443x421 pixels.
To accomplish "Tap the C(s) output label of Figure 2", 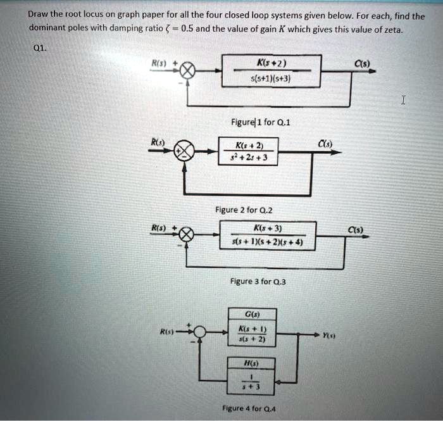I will (x=325, y=144).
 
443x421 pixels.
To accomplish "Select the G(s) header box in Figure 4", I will (x=253, y=313).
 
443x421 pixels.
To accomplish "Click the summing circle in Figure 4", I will (x=201, y=332).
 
